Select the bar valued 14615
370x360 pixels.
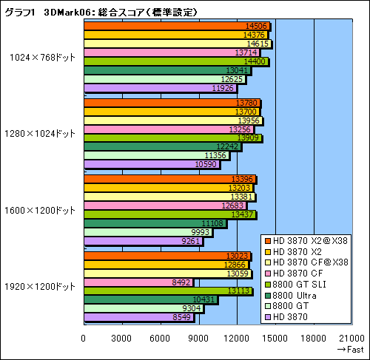point(178,44)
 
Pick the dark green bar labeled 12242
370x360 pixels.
point(163,146)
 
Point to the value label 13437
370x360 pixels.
point(243,214)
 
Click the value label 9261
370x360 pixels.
point(190,240)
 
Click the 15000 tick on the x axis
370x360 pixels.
point(275,338)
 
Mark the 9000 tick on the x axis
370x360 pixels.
point(198,338)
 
